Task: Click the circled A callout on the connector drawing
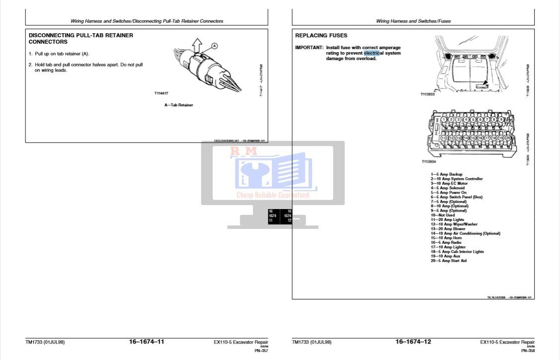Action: click(x=215, y=46)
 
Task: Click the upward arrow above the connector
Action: click(x=196, y=46)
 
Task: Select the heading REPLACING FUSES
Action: click(x=321, y=36)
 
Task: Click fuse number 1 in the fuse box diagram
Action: click(x=443, y=120)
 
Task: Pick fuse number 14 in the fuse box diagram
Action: click(x=466, y=138)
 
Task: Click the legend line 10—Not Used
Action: click(x=442, y=215)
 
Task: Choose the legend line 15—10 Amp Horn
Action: click(x=446, y=238)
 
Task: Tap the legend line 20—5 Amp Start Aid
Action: click(x=449, y=261)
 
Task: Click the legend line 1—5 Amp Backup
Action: click(x=446, y=174)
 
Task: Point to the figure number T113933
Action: click(x=427, y=94)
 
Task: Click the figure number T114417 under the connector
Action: click(x=162, y=93)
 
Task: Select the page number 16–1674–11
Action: click(x=147, y=342)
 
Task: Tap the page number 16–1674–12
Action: click(x=413, y=342)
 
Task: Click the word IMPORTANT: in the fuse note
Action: click(x=309, y=48)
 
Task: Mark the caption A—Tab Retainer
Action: click(x=178, y=105)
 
